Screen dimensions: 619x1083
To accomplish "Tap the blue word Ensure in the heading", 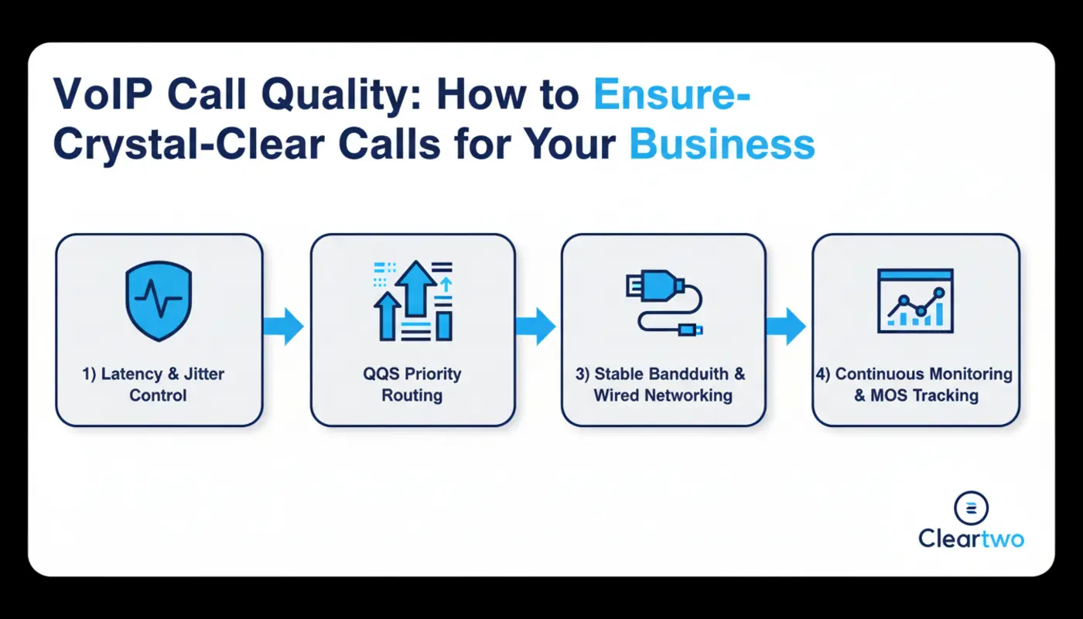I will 672,95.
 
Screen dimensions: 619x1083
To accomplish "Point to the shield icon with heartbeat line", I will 158,302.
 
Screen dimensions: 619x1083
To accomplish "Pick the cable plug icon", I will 664,302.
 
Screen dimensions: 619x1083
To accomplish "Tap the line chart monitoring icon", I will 915,302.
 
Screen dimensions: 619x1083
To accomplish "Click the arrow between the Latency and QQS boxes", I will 284,326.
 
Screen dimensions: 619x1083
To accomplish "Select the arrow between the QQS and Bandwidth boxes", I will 536,326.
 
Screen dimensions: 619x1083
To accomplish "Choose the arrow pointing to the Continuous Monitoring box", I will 786,326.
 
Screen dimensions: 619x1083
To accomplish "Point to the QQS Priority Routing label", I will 412,385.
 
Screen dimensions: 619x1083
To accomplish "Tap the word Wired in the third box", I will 620,395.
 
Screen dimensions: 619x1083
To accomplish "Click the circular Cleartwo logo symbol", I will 972,508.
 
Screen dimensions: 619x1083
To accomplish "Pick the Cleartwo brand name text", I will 972,539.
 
